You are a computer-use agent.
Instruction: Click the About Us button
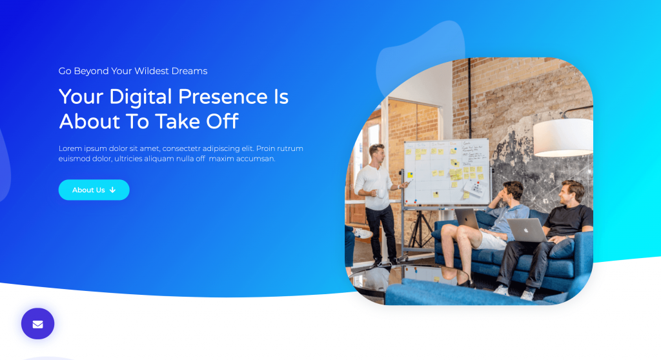(x=94, y=190)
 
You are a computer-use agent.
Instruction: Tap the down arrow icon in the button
(x=112, y=190)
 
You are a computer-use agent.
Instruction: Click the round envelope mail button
(x=38, y=324)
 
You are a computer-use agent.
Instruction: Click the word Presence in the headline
(x=223, y=97)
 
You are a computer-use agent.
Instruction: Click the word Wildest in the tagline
(x=152, y=71)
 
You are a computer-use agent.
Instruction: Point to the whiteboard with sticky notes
(x=447, y=172)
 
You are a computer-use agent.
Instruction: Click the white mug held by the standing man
(x=381, y=194)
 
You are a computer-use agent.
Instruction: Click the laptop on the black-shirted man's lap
(x=527, y=230)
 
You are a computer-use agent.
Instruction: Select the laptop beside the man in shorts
(x=467, y=219)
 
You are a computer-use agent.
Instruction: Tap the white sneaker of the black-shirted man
(x=501, y=290)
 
